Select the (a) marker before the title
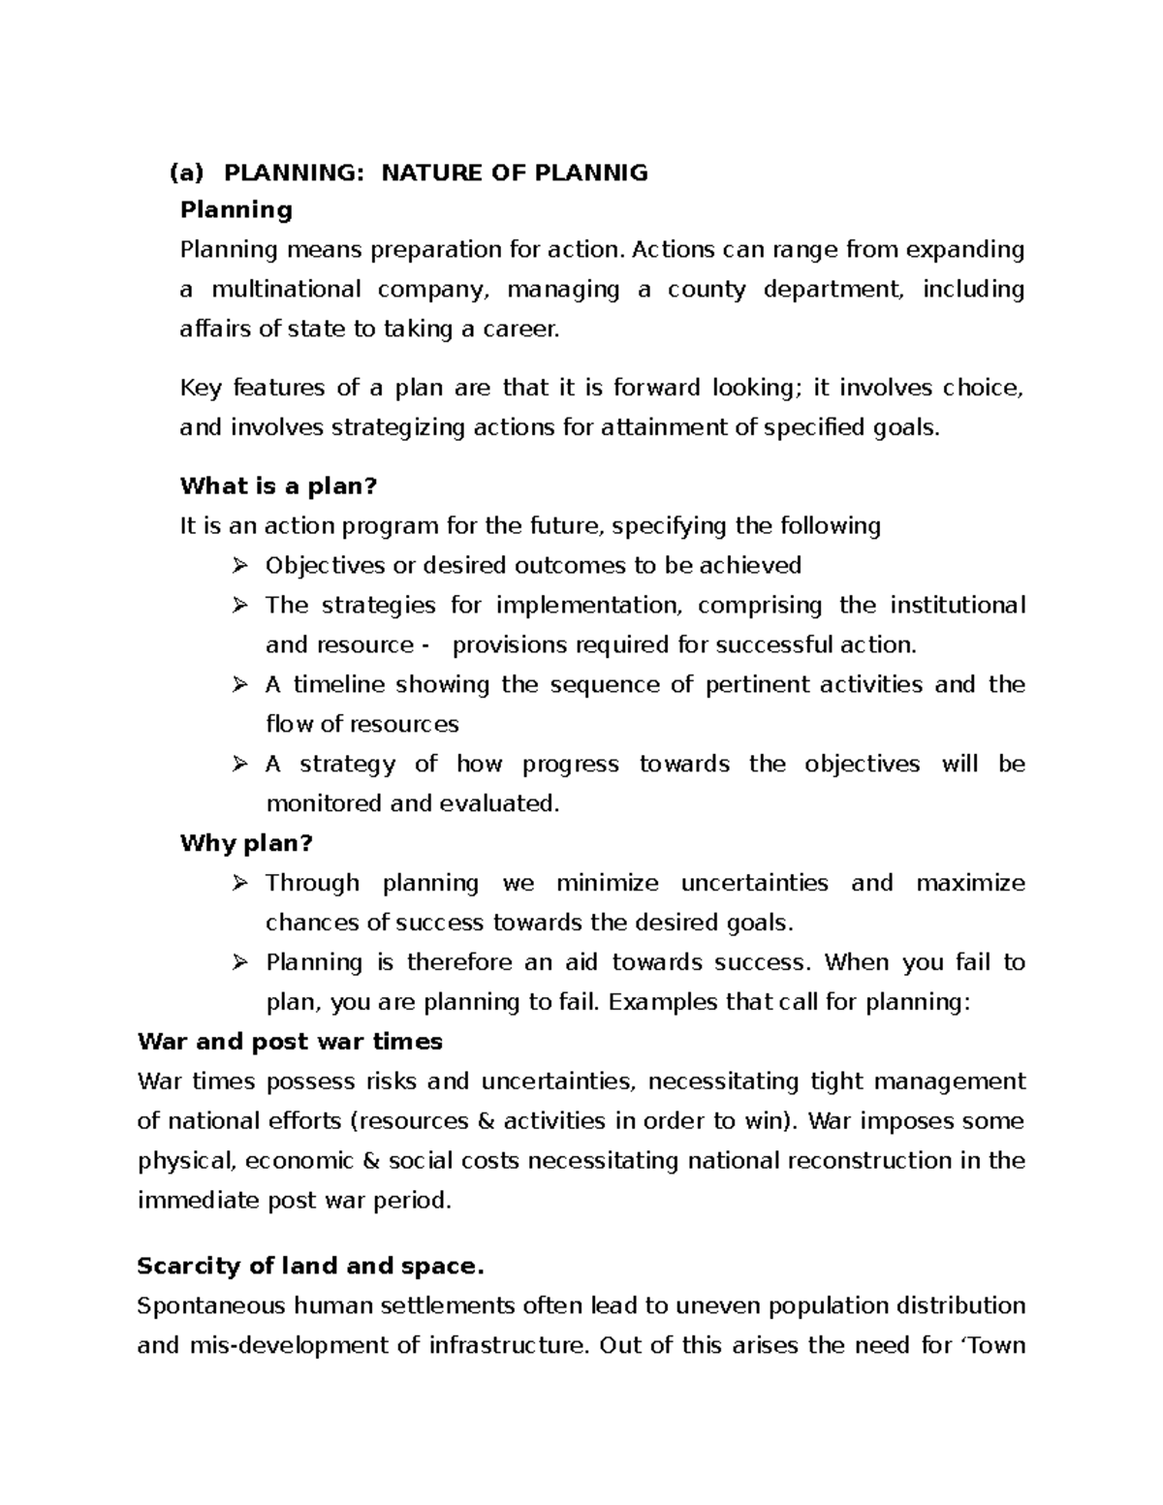(186, 172)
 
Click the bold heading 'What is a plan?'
(277, 486)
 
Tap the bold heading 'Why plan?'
(246, 843)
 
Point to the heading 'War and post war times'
(290, 1042)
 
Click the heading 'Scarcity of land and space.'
(309, 1266)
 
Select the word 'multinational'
(286, 289)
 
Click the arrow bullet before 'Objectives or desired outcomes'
(239, 565)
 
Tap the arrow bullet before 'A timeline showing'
(239, 684)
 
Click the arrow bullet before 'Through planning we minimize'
(239, 883)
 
